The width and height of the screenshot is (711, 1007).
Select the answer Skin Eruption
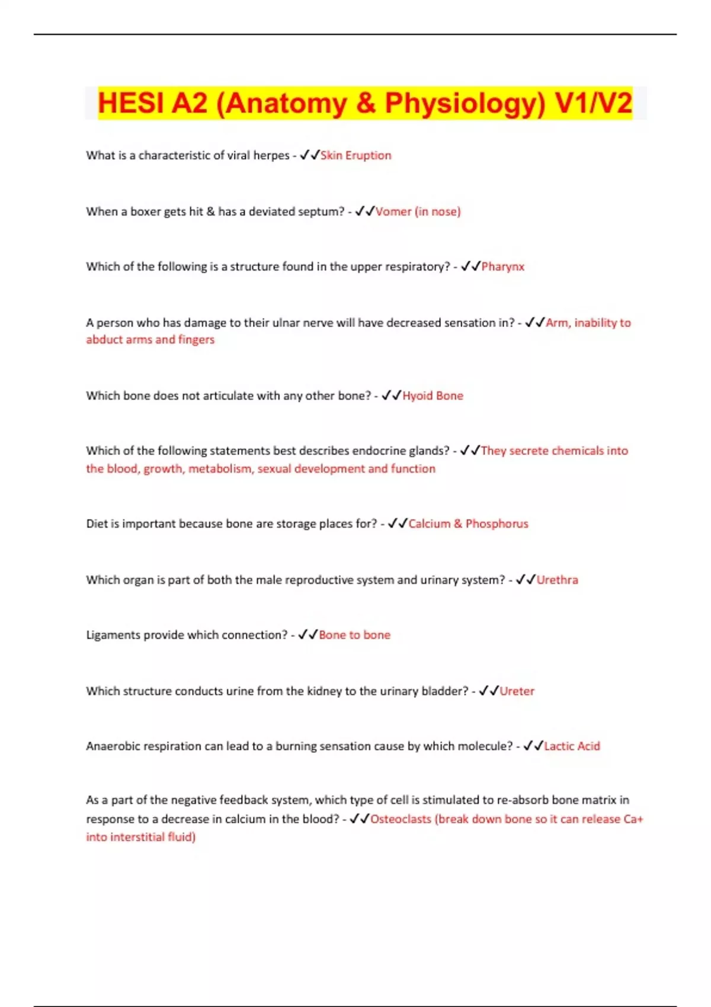click(x=355, y=155)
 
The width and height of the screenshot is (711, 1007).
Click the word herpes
click(x=271, y=155)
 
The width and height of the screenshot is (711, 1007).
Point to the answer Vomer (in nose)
click(x=418, y=211)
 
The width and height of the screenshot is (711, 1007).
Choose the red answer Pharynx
click(x=502, y=267)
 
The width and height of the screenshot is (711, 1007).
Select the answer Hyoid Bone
click(x=433, y=396)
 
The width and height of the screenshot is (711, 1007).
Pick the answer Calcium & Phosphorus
click(x=468, y=524)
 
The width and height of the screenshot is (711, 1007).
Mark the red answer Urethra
click(x=557, y=580)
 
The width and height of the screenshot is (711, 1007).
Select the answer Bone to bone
click(x=354, y=635)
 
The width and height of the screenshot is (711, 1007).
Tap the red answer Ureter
click(x=517, y=691)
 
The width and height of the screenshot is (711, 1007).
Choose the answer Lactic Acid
click(x=572, y=746)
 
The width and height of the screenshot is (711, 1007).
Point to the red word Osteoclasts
click(x=401, y=819)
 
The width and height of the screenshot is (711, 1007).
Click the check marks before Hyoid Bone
click(x=391, y=395)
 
